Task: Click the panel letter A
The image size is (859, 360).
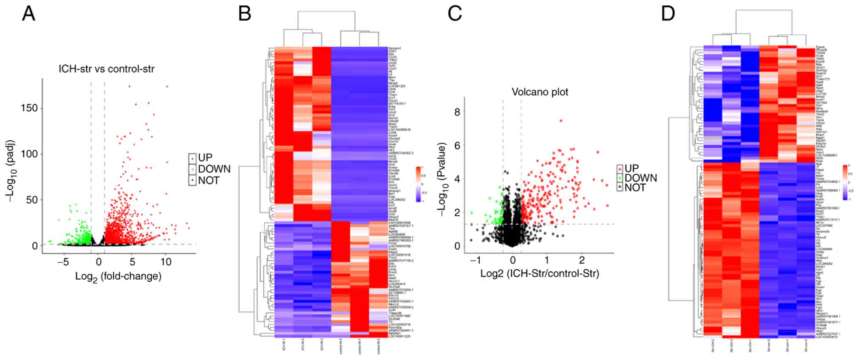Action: [x=29, y=14]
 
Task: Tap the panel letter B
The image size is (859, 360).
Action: [x=245, y=14]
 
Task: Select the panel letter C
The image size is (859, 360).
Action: [x=455, y=14]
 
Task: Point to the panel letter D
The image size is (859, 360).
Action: [x=668, y=14]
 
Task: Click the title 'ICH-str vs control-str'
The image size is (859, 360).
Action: [x=106, y=69]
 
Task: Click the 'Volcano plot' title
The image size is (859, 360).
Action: [x=540, y=92]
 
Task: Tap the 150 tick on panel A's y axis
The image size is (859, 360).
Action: [x=30, y=108]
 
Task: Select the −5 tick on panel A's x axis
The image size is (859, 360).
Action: [x=63, y=262]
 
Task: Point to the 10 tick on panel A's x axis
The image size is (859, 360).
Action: [x=166, y=262]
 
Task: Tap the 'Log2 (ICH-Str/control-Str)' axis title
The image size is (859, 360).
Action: [x=539, y=274]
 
